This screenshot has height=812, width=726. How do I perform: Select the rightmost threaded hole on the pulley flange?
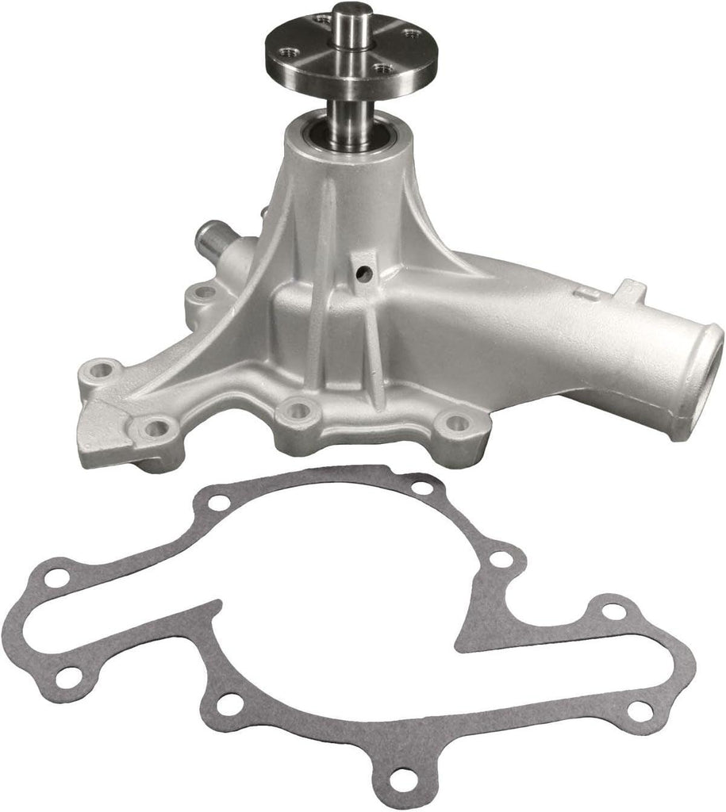click(411, 33)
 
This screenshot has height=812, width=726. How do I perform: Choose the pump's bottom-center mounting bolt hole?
click(299, 410)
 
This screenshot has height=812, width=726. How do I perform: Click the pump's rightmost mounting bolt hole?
click(455, 423)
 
